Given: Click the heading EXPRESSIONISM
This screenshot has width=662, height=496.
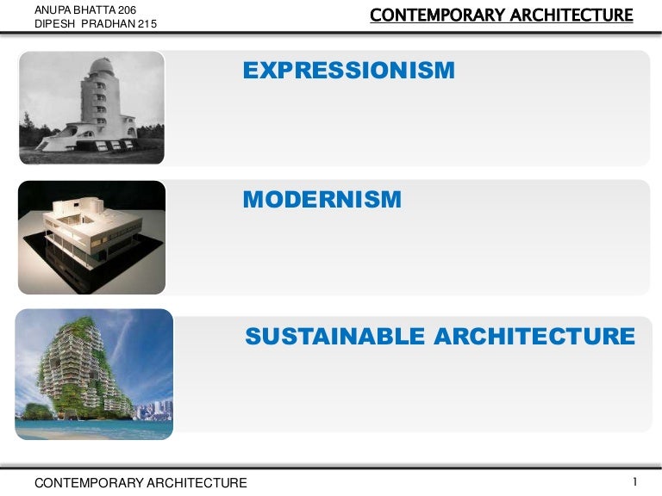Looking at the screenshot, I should [x=348, y=71].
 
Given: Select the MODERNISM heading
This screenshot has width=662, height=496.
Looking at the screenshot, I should [x=322, y=200].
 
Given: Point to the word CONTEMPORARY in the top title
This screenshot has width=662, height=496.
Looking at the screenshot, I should [x=437, y=15].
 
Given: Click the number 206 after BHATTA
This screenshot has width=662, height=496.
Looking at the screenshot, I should [x=126, y=9].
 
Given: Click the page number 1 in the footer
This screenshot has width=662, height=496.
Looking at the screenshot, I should [x=634, y=481].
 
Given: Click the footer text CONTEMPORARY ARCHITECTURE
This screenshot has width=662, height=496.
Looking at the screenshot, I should [x=141, y=483].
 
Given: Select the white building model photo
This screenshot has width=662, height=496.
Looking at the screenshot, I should [x=91, y=238].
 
